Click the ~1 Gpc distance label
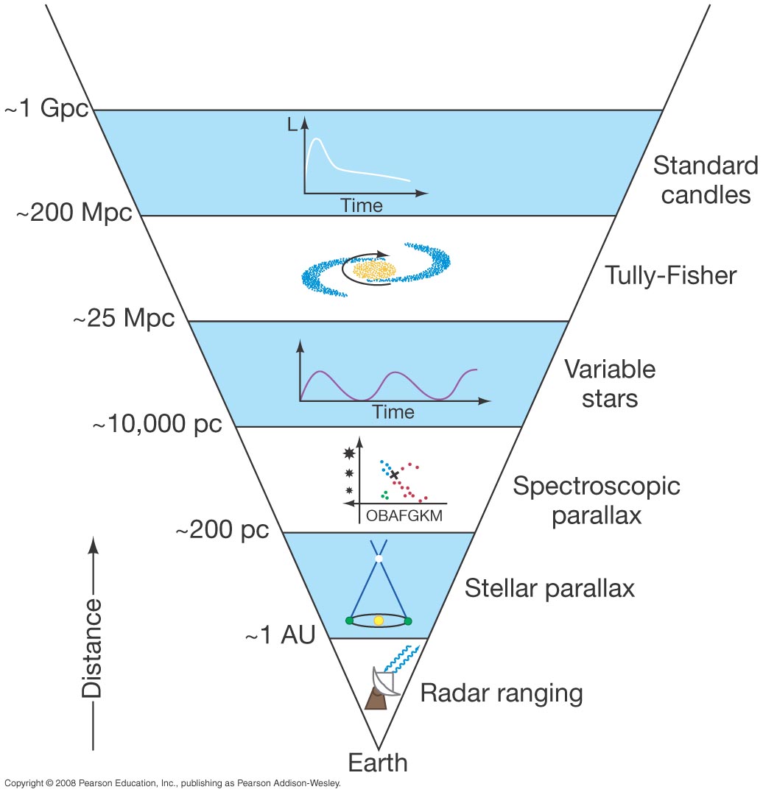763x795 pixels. [x=46, y=108]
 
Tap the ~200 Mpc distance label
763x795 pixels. [x=74, y=212]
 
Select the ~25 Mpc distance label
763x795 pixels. [x=124, y=318]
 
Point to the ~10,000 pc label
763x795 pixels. [x=158, y=423]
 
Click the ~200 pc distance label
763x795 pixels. [x=222, y=529]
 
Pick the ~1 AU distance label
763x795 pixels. [x=281, y=635]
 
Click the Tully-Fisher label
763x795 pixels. [x=671, y=276]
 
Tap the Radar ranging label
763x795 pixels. [x=502, y=693]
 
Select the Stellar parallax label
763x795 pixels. [x=549, y=589]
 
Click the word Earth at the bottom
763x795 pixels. [x=378, y=763]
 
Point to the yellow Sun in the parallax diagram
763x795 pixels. [x=379, y=621]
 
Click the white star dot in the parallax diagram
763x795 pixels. [x=379, y=559]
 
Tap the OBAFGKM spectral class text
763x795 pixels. [x=404, y=515]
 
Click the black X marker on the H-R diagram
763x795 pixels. [x=394, y=475]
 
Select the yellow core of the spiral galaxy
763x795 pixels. [x=374, y=270]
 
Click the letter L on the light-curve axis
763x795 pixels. [x=292, y=124]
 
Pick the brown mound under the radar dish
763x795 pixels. [x=376, y=699]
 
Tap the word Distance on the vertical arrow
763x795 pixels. [x=92, y=649]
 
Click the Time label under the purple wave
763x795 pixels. [x=393, y=411]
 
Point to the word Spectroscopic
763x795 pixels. [x=597, y=487]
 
